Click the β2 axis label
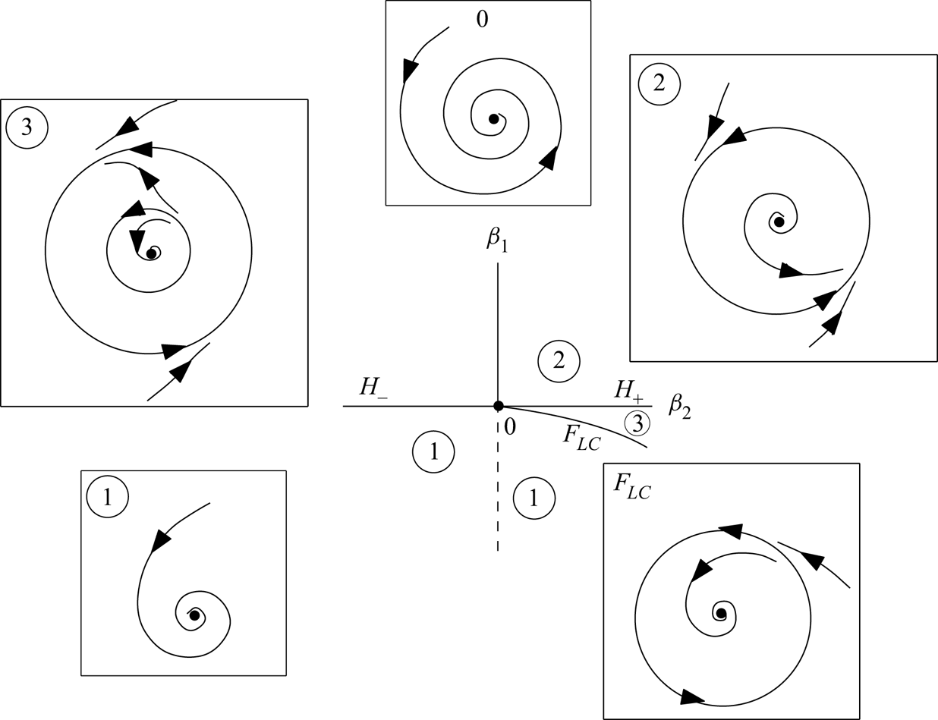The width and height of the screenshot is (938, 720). [678, 404]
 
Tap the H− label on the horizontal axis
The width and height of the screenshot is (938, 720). [373, 388]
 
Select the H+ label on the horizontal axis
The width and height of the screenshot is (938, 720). [628, 389]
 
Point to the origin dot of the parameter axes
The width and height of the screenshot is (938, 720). [498, 406]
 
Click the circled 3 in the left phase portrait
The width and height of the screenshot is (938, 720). [27, 127]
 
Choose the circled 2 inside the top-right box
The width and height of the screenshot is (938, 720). [659, 82]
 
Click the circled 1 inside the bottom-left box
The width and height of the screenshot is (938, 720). [107, 497]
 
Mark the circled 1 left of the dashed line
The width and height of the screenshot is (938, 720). [433, 452]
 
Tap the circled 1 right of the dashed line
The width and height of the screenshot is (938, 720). [534, 498]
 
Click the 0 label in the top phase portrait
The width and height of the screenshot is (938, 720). [482, 19]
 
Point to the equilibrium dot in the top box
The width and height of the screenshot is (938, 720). [493, 119]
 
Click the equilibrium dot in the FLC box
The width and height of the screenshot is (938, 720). [721, 613]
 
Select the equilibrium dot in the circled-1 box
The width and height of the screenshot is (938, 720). [194, 615]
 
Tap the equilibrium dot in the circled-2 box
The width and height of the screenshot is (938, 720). [779, 222]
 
